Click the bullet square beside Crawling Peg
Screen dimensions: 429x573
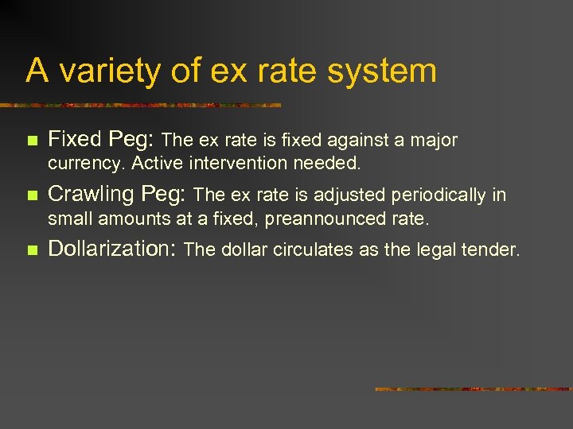coord(32,195)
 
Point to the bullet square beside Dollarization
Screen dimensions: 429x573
coord(32,250)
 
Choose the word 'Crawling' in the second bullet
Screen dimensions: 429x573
coord(92,194)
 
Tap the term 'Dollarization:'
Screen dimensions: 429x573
coord(112,249)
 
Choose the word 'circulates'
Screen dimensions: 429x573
coord(306,249)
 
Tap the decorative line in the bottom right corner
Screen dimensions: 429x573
coord(473,389)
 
